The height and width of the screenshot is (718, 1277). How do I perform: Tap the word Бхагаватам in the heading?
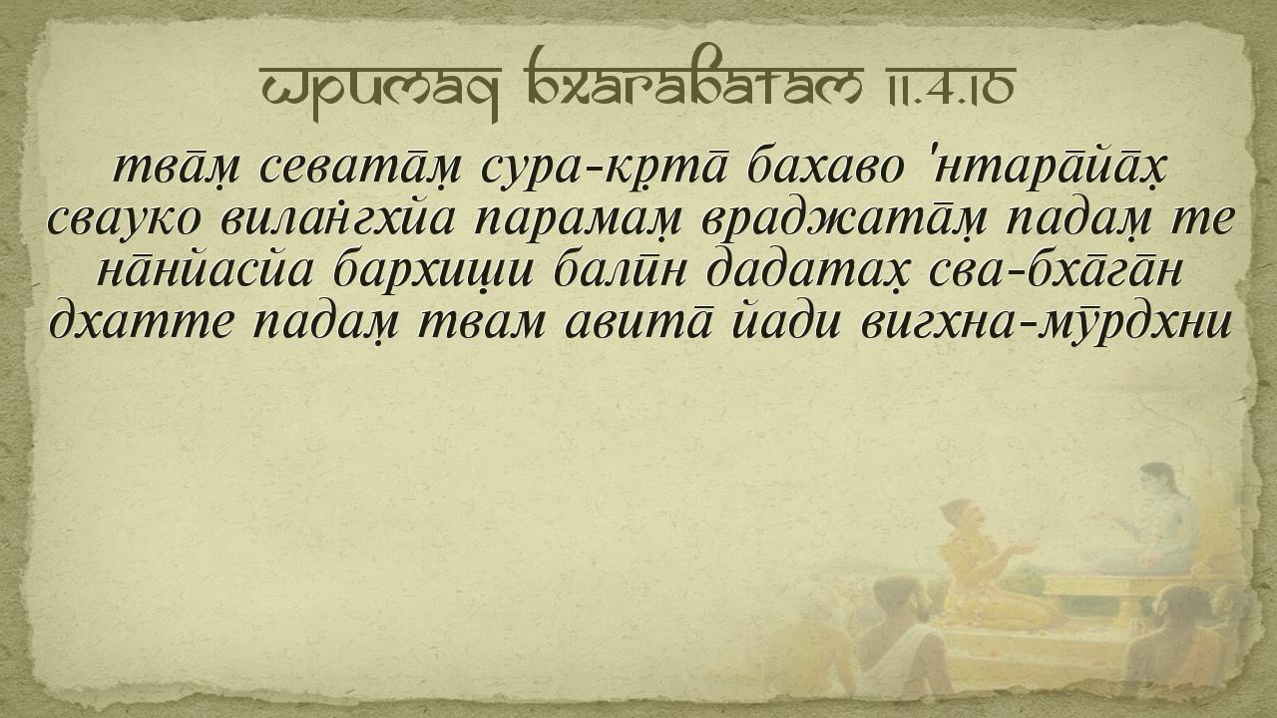(x=693, y=78)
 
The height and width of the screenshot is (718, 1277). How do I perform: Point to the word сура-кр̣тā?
(x=604, y=169)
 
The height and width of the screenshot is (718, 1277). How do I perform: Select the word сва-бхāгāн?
(x=1055, y=270)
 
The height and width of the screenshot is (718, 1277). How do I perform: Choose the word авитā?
(x=638, y=322)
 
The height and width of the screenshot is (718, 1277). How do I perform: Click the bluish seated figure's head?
(x=1157, y=480)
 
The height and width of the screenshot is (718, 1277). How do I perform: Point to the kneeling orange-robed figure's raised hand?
(x=1022, y=548)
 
